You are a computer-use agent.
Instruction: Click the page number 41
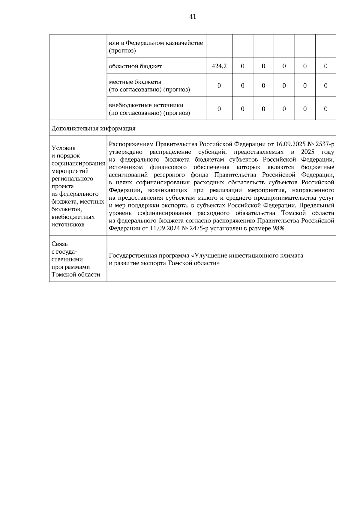click(x=193, y=16)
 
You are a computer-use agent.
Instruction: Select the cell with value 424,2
click(x=219, y=66)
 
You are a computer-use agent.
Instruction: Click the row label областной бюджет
click(x=135, y=66)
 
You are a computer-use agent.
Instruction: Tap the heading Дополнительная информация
click(x=93, y=129)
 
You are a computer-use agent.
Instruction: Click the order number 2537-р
click(x=325, y=144)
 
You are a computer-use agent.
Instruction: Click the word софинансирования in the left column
click(x=78, y=163)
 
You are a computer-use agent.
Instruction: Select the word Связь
click(x=60, y=244)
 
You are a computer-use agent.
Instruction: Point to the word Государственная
click(x=133, y=256)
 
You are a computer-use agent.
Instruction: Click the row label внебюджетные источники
click(x=146, y=105)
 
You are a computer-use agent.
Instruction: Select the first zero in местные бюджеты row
click(x=219, y=86)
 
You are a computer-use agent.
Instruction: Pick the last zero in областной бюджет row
click(x=325, y=66)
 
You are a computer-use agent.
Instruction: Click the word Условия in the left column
click(x=64, y=148)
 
